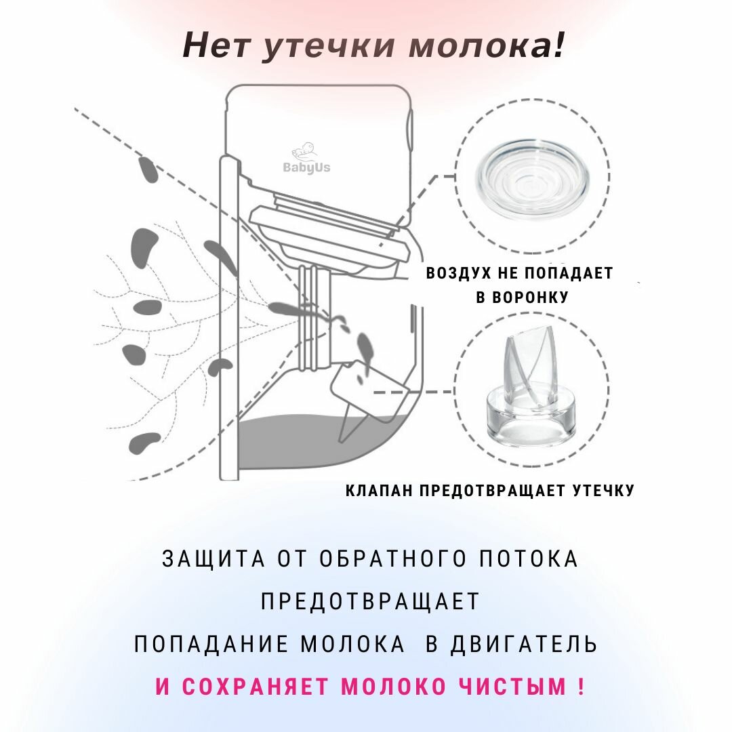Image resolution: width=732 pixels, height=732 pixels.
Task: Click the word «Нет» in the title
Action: click(x=216, y=45)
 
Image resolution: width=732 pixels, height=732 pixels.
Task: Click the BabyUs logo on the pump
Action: click(x=306, y=160)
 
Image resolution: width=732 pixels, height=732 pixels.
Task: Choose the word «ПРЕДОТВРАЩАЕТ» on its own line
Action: click(x=369, y=601)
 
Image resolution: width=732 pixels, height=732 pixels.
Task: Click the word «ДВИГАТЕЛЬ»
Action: click(x=523, y=643)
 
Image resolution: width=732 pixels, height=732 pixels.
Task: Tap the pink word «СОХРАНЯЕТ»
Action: click(x=258, y=687)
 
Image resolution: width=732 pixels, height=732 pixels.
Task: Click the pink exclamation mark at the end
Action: click(x=581, y=687)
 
